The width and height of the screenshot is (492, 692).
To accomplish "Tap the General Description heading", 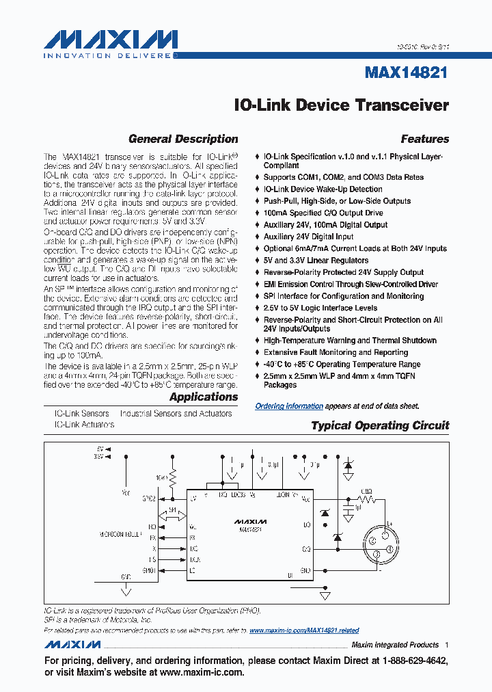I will [183, 139].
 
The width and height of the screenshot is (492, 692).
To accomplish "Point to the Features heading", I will [424, 139].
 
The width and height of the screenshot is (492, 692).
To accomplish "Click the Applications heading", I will [204, 397].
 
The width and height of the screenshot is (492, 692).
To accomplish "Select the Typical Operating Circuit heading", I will [380, 425].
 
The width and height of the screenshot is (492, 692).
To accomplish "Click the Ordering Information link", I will [289, 406].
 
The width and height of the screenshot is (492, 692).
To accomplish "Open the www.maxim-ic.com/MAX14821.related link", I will [304, 630].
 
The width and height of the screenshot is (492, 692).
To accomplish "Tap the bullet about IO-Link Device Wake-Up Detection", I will [323, 189].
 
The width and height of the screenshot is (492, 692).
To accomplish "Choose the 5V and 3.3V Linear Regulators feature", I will [316, 261].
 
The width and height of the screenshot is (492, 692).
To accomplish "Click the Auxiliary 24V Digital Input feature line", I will [308, 237].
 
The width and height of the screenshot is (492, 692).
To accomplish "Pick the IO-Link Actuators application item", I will [84, 425].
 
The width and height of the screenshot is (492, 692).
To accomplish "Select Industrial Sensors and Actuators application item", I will [176, 414].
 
